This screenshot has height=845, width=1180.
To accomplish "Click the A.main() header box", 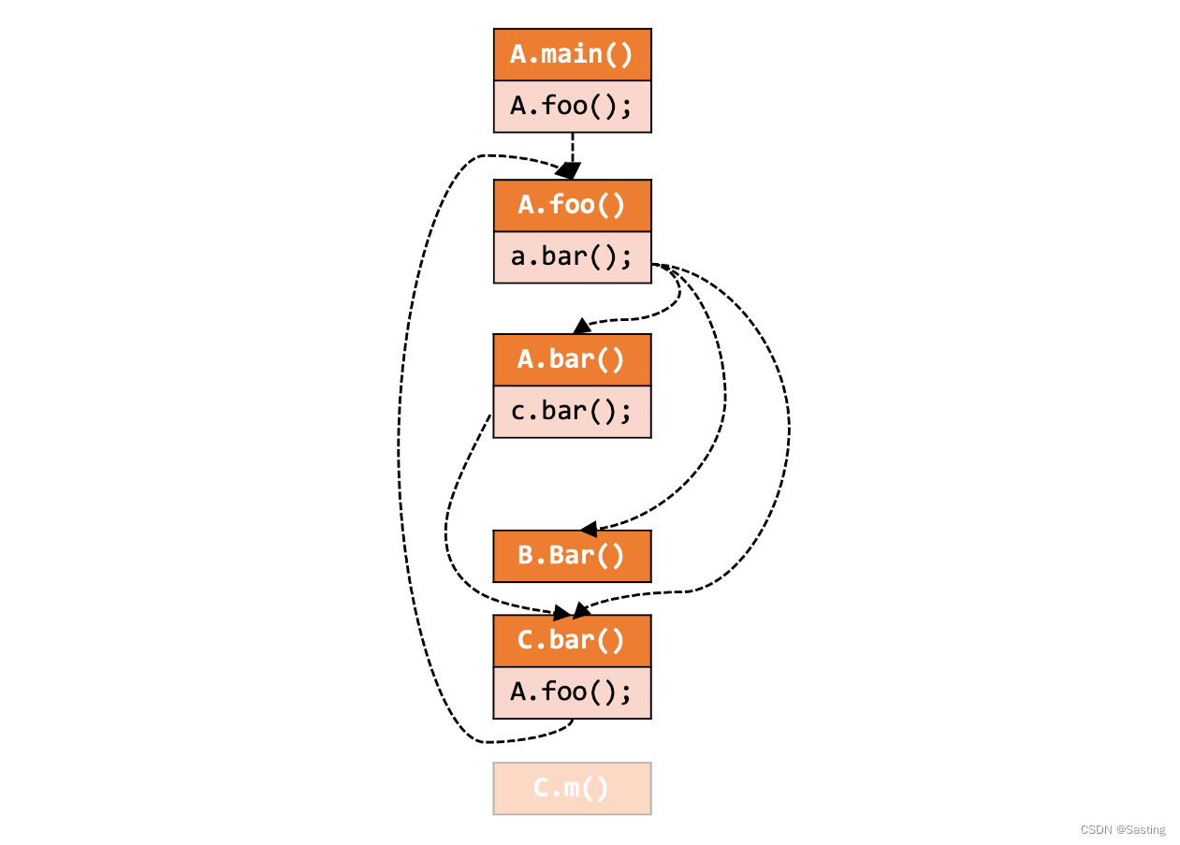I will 572,54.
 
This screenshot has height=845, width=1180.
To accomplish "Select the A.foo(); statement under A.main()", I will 572,106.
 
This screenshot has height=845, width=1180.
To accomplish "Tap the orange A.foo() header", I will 572,205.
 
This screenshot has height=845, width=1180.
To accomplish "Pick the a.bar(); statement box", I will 572,256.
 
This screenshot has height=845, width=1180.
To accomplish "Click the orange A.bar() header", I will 572,359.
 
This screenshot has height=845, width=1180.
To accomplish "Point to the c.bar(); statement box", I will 572,411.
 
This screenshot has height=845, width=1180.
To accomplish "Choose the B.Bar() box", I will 572,556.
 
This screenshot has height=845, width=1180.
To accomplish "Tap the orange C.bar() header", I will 572,640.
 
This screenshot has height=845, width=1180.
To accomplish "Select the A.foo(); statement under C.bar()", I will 572,692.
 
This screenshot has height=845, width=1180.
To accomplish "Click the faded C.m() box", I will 572,788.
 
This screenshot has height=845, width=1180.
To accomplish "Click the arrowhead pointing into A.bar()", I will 582,326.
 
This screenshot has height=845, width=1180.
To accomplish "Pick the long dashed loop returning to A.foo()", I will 400,449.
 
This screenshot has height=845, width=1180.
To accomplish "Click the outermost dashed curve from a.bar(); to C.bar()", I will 788,430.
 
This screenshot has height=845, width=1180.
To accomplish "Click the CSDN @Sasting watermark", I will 1123,829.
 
